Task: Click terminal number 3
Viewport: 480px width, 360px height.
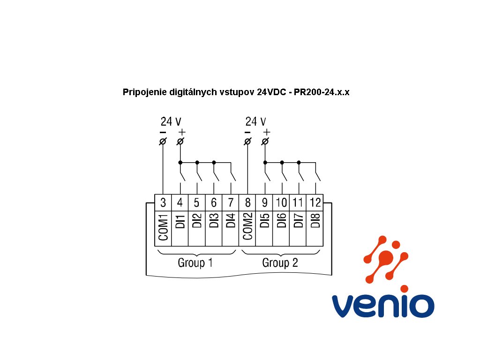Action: (163, 203)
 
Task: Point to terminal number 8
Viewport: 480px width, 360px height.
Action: (248, 203)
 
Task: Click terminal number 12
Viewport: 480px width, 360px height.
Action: (315, 203)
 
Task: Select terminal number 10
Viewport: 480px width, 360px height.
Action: (282, 203)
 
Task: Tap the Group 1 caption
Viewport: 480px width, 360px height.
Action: (195, 262)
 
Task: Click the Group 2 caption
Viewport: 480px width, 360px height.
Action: (280, 262)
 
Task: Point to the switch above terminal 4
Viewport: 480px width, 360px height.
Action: (182, 176)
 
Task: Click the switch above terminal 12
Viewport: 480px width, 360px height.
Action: (317, 176)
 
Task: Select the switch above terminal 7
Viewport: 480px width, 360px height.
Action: (232, 176)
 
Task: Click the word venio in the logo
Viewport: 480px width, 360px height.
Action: (383, 305)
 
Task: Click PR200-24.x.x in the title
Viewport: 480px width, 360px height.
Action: (322, 92)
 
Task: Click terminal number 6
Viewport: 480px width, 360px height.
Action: (214, 203)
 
